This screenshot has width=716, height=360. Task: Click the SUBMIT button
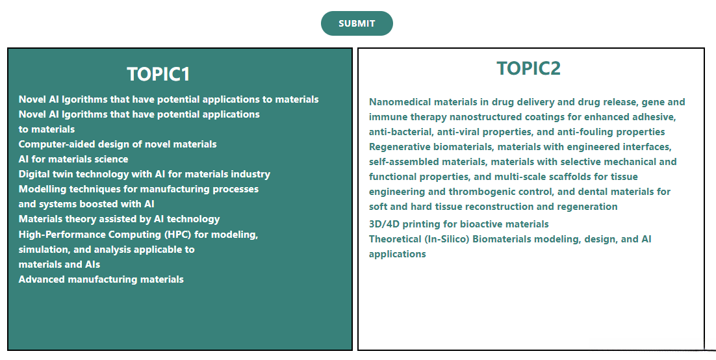357,23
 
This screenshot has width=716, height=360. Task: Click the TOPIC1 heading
158,75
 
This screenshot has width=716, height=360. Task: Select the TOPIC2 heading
528,68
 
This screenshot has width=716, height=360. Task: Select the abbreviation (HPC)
177,235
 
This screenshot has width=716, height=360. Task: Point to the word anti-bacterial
401,132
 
